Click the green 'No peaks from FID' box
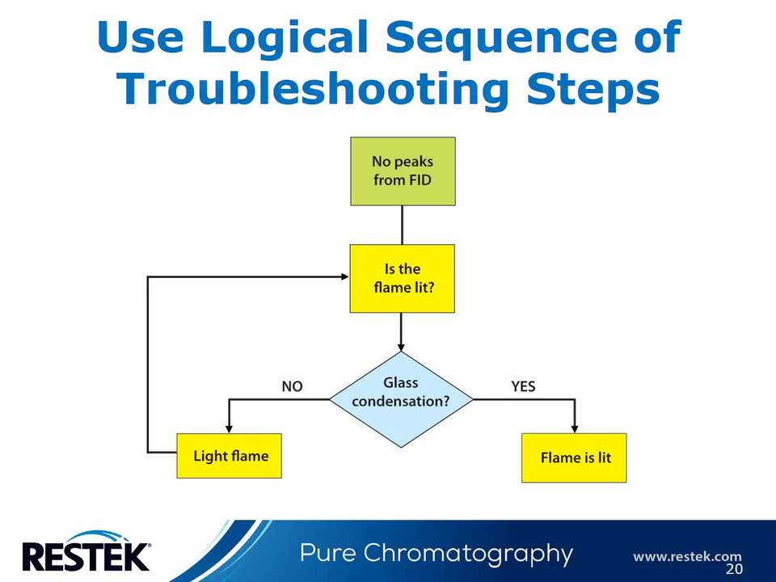[403, 171]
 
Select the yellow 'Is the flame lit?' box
[402, 278]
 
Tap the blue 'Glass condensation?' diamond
[401, 399]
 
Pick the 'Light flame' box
[230, 456]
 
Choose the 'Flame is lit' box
[574, 458]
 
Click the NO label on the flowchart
[292, 386]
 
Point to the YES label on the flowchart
[523, 386]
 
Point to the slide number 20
[734, 569]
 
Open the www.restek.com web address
[686, 556]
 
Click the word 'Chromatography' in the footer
[469, 554]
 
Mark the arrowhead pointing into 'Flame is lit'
[574, 428]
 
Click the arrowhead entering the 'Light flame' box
[230, 428]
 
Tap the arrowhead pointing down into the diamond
[402, 346]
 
